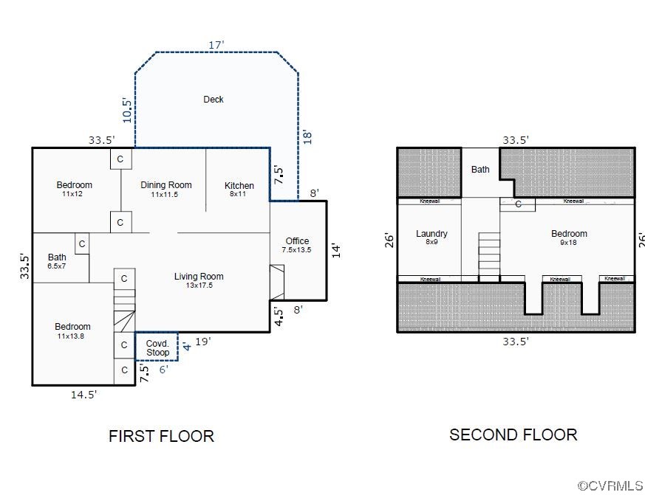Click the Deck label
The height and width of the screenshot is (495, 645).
pos(214,100)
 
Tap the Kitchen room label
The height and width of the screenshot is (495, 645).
pos(239,186)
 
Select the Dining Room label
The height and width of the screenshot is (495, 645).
pos(166,185)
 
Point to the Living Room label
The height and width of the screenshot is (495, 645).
pos(199,277)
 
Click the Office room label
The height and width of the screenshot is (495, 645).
pos(297,241)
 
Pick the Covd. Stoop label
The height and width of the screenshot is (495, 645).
pos(157,348)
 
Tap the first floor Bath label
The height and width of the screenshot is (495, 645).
pos(57,257)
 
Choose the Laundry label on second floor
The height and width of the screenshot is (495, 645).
pos(431,234)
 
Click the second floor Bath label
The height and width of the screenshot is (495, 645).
pos(480,169)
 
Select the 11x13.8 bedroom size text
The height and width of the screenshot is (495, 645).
pos(71,336)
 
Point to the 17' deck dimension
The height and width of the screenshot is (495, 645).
pos(216,45)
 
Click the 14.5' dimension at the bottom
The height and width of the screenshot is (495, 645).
pos(83,395)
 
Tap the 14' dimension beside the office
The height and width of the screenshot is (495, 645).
pos(336,251)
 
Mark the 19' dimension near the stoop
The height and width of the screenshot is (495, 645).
pos(202,342)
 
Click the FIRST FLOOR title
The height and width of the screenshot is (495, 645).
pos(161,436)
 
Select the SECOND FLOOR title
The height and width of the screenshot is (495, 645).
pos(513,435)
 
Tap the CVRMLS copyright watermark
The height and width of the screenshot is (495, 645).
pos(610,486)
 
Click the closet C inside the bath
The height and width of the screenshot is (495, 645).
pos(82,244)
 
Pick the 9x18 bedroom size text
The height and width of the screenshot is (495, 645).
pos(568,243)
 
